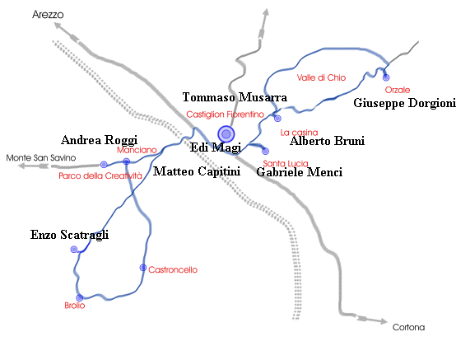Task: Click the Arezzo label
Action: (x=48, y=15)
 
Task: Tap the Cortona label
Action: (x=408, y=327)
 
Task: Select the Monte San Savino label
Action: (x=41, y=158)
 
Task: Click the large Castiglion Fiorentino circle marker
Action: (x=226, y=133)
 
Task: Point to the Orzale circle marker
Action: (x=386, y=77)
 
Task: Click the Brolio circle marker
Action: (x=80, y=298)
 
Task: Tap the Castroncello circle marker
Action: (x=143, y=268)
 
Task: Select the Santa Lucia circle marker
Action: (x=265, y=152)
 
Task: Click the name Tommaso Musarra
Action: (x=235, y=97)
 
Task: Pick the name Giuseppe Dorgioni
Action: (x=405, y=103)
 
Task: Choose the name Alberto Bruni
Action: (x=327, y=141)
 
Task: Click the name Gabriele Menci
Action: (x=299, y=172)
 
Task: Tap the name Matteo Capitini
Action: (x=197, y=171)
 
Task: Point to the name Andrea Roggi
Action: (x=100, y=140)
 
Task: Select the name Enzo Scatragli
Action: (x=69, y=235)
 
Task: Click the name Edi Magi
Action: (x=216, y=147)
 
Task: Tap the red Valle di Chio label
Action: (x=321, y=77)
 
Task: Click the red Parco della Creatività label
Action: (x=100, y=175)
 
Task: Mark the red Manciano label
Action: (x=137, y=150)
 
